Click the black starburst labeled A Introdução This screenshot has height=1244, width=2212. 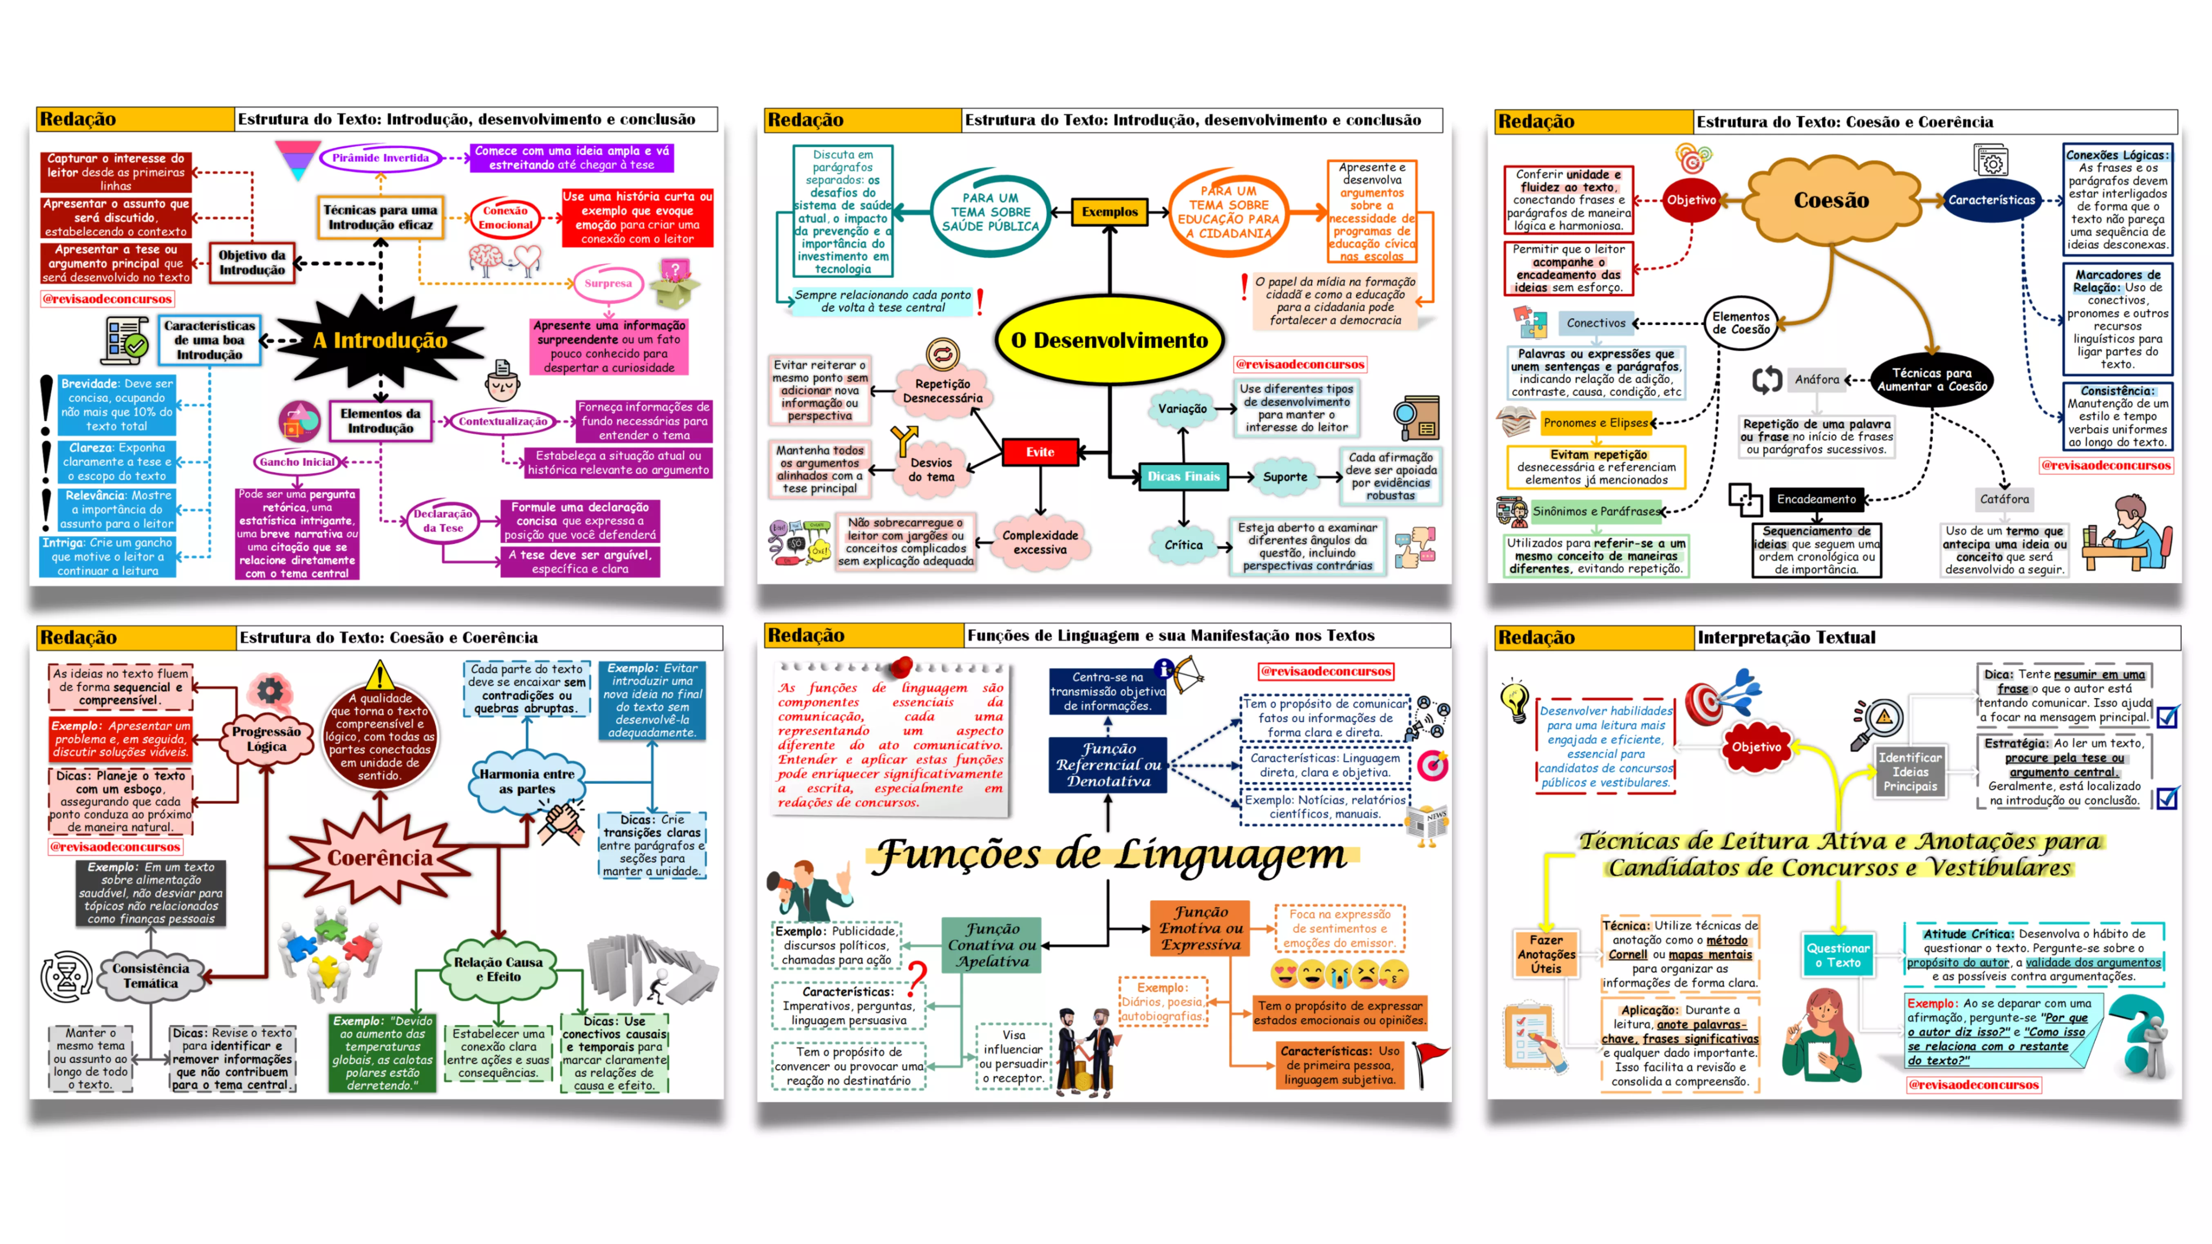[x=380, y=341]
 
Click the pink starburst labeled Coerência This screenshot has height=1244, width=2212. [x=379, y=858]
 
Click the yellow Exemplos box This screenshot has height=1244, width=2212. [x=1109, y=211]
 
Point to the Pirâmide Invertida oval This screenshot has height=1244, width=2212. [x=380, y=158]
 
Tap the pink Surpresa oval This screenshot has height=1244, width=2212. [x=608, y=283]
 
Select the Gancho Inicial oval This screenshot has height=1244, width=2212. [x=297, y=462]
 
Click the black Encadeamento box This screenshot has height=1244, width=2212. [x=1816, y=499]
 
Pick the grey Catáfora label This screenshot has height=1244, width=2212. [x=2004, y=499]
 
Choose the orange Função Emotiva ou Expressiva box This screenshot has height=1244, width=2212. [x=1201, y=928]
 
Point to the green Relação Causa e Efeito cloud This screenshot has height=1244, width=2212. [x=498, y=969]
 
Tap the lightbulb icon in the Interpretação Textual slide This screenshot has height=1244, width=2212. [x=1514, y=700]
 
